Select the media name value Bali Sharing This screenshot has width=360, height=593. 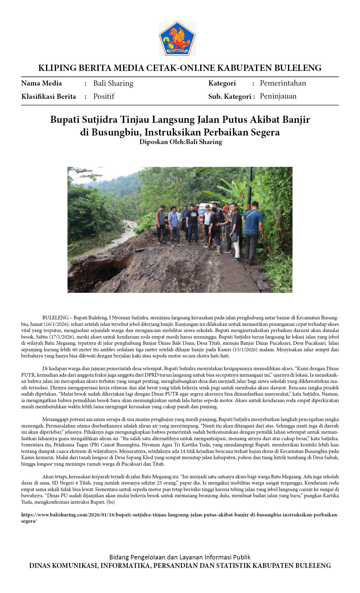click(113, 83)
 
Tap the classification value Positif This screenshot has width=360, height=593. click(104, 96)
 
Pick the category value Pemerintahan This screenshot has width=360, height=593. click(283, 83)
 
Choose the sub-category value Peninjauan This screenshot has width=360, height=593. click(278, 96)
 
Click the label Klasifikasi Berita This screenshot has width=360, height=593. click(49, 97)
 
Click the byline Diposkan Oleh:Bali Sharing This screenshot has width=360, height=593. click(181, 142)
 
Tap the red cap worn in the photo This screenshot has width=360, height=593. click(225, 208)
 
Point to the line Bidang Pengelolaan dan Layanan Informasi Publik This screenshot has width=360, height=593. click(180, 557)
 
